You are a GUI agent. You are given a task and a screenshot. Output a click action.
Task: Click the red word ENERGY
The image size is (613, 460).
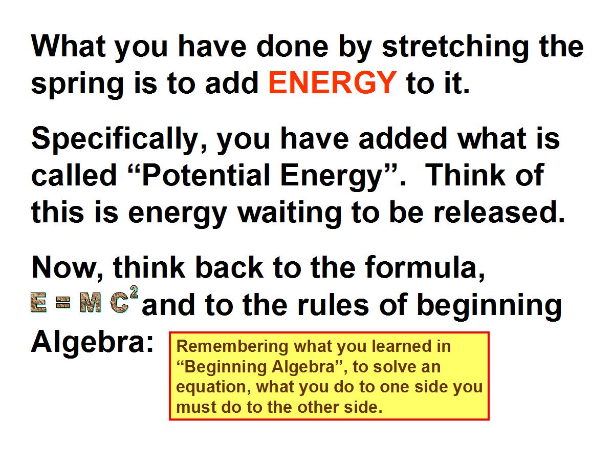(333, 82)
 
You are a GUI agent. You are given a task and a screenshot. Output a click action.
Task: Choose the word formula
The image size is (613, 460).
(425, 268)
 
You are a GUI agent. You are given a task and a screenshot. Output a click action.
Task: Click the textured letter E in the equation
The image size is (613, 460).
(39, 303)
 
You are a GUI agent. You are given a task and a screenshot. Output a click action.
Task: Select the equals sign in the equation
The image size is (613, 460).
(63, 303)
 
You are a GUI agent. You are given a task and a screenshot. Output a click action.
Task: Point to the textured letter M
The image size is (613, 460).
(90, 303)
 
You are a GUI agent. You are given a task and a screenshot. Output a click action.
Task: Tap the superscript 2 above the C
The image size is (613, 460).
(134, 293)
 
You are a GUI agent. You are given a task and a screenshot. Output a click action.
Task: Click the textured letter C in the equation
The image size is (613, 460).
(120, 303)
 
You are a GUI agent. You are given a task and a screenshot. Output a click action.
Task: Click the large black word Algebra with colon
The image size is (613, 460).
(92, 343)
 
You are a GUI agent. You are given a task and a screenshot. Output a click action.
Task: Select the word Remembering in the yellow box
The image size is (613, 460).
(232, 346)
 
